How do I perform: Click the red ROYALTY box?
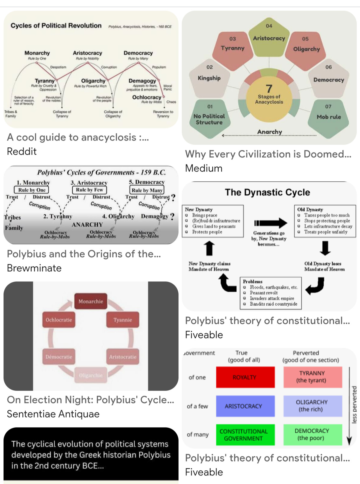coord(245,377)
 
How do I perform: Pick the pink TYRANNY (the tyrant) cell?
coord(312,377)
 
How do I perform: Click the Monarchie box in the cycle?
coord(91,301)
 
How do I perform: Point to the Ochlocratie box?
coord(59,320)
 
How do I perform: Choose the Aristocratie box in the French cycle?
coord(123,357)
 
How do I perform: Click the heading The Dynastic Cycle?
coord(267,192)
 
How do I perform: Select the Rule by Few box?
coord(89,190)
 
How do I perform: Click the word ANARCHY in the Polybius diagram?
coord(87,225)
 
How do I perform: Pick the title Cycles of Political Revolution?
coord(56,26)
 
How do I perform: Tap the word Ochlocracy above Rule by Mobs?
coord(147,97)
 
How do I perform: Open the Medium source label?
coord(204,168)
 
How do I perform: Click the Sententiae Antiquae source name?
coord(53,414)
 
